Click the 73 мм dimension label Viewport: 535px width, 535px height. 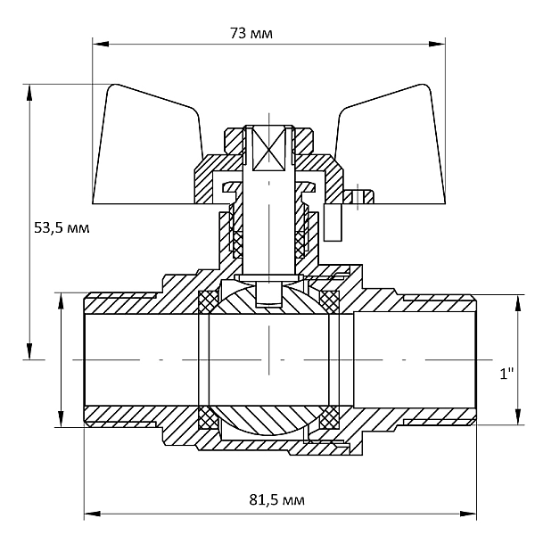[x=251, y=34]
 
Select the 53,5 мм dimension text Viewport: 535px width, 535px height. [x=62, y=227]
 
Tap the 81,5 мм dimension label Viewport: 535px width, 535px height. [x=276, y=500]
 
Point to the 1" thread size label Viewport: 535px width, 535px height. [x=506, y=374]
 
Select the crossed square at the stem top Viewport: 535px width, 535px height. [x=268, y=149]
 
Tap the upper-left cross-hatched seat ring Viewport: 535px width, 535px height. [x=209, y=301]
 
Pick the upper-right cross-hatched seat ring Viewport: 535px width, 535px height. [x=329, y=301]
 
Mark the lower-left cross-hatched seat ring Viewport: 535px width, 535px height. [x=209, y=417]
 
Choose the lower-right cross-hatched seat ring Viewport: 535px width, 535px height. [x=329, y=417]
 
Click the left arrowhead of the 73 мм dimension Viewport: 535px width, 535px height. [x=101, y=44]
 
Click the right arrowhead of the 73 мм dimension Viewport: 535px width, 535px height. [x=437, y=44]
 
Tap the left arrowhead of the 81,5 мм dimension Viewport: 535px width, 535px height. [x=93, y=514]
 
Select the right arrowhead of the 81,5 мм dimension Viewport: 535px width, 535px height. [x=468, y=514]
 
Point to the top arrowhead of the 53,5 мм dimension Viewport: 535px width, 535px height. [x=29, y=93]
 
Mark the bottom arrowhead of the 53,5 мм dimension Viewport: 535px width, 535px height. [x=29, y=351]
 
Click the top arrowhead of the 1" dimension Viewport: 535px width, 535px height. [x=518, y=303]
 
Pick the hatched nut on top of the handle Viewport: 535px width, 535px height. [x=268, y=140]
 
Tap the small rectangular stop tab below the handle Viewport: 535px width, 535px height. [x=333, y=222]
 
